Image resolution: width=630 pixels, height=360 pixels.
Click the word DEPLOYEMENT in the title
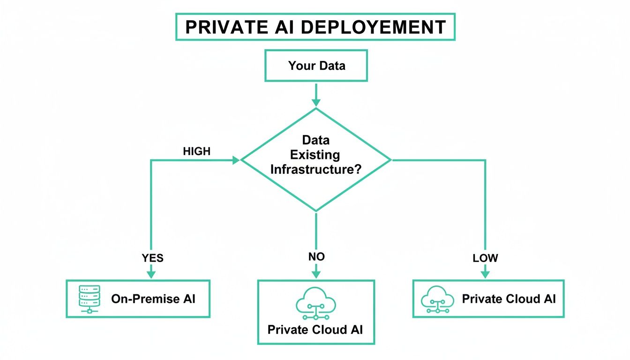coord(373,27)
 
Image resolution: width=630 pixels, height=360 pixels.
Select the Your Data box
coord(316,66)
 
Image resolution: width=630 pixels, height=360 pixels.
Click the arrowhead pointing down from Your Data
coord(316,102)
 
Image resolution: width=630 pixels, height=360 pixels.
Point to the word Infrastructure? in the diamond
coord(315,169)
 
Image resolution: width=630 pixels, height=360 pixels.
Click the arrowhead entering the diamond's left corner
coord(235,160)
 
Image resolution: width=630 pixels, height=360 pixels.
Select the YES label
coord(153,258)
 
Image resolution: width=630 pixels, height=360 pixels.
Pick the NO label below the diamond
coord(316,256)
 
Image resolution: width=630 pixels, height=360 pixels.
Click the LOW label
coord(485,258)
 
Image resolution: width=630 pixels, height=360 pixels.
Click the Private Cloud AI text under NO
coord(315,329)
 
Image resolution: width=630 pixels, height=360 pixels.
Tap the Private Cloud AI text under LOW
coord(509,299)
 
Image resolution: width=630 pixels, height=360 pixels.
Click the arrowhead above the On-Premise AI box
coord(151,273)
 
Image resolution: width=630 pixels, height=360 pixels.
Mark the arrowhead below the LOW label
coord(485,273)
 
